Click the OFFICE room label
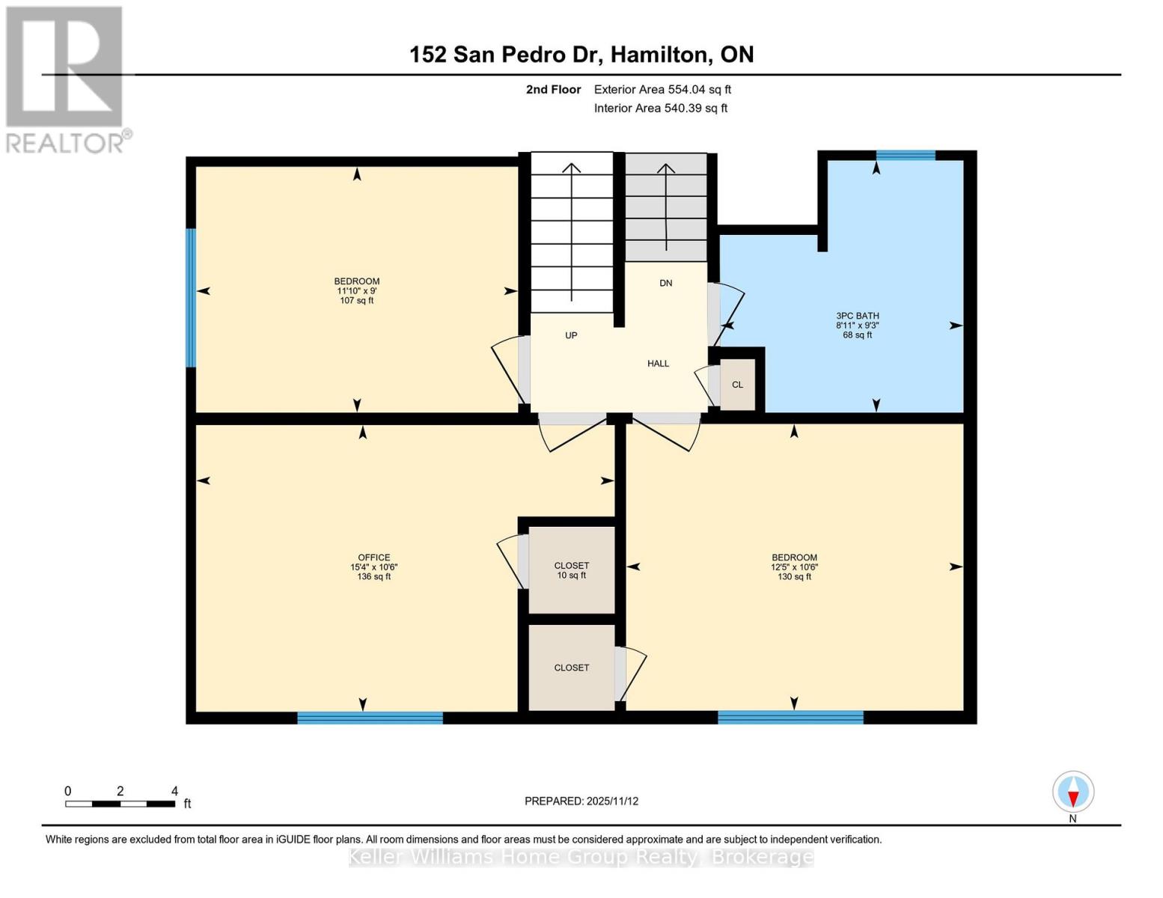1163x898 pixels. (373, 558)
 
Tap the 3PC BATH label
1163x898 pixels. (857, 316)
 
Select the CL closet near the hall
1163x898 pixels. (737, 385)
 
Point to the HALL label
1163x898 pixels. (658, 364)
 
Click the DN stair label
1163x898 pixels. (665, 283)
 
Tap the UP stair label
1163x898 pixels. (571, 335)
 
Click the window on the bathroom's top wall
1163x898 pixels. (906, 156)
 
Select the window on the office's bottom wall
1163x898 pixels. (370, 718)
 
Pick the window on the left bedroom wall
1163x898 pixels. (191, 298)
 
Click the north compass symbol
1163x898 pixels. (1073, 792)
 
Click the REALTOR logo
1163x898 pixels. (66, 79)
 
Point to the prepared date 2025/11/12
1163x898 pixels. (581, 801)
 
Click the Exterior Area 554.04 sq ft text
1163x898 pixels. (662, 89)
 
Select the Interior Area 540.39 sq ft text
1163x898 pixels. (660, 108)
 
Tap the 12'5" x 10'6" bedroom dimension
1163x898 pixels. (794, 567)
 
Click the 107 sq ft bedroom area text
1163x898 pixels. (356, 301)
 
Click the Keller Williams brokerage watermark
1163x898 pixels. (581, 857)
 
